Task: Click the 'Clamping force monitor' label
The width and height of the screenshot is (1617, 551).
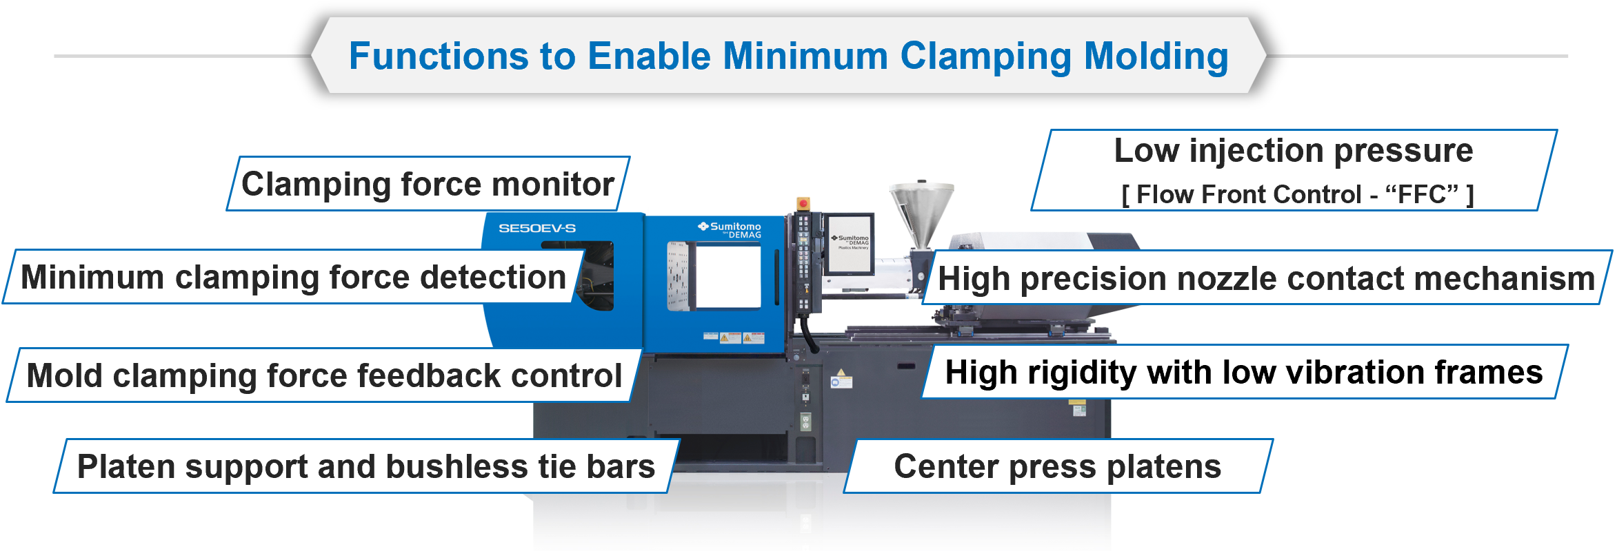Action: (428, 184)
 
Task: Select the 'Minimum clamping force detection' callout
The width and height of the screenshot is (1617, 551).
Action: (293, 278)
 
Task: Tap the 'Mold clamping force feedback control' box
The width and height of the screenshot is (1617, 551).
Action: (324, 375)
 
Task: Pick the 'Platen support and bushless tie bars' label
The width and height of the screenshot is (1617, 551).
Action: (365, 466)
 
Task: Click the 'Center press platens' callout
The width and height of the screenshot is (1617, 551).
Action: (1057, 466)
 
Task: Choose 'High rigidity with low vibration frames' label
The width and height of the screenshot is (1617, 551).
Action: (1243, 373)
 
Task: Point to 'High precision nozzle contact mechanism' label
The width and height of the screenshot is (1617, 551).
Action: (1266, 279)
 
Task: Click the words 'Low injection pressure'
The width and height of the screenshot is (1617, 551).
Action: (1293, 151)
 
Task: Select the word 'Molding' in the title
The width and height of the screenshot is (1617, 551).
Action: (1156, 56)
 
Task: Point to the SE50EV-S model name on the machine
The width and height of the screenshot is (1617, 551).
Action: (536, 228)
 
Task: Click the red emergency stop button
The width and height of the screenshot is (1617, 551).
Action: (803, 204)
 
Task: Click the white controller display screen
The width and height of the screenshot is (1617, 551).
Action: (850, 244)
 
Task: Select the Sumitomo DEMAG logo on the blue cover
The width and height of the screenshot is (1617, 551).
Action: (730, 230)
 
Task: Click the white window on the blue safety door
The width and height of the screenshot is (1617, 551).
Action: (728, 277)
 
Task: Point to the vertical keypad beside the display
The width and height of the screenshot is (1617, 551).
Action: (803, 262)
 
